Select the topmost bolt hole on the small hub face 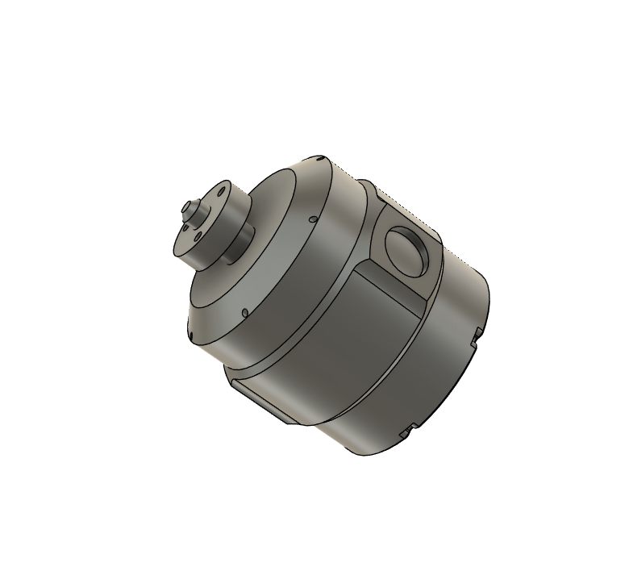[221, 192]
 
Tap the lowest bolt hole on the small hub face [198, 237]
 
